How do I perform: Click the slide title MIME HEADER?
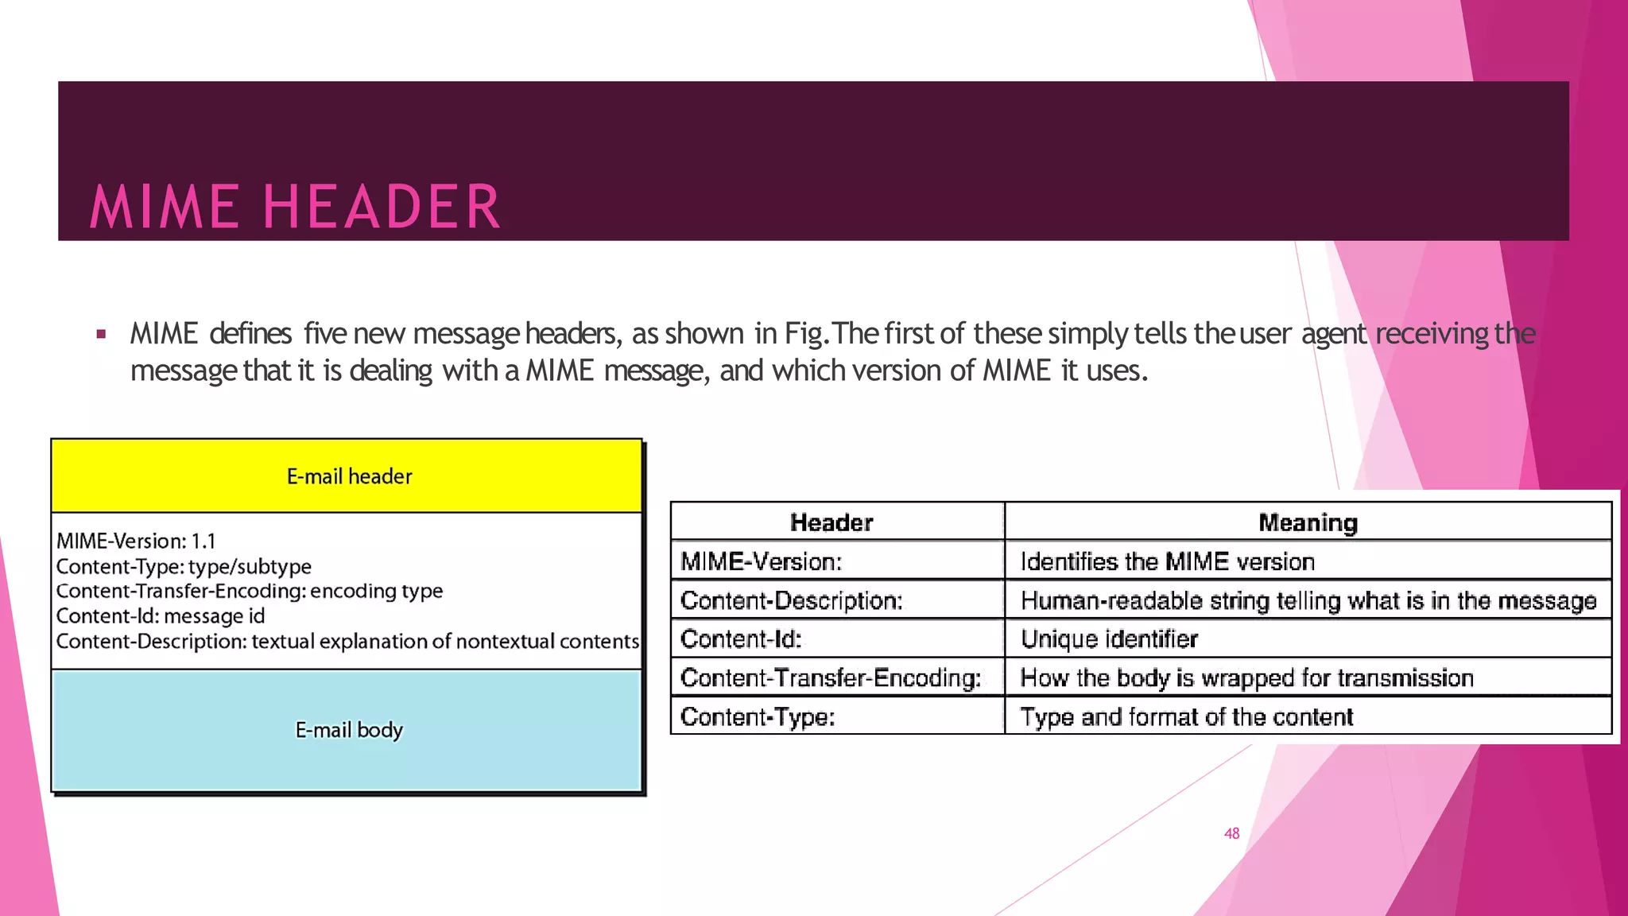[295, 207]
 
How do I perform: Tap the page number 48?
[1231, 833]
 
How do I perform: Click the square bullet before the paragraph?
[101, 335]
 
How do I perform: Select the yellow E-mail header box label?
[349, 476]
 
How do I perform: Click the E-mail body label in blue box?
[349, 730]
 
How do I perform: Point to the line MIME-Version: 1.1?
[136, 541]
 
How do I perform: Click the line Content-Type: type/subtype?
[184, 567]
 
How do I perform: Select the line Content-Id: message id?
[161, 616]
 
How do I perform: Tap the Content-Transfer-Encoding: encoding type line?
[250, 592]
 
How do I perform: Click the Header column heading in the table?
[831, 522]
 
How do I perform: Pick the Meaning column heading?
[1308, 522]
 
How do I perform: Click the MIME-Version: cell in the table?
[761, 561]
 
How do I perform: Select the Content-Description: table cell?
[792, 600]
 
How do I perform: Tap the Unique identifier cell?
[1109, 639]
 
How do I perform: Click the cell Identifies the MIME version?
[1167, 561]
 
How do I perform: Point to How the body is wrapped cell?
[1246, 678]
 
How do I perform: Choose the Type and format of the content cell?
[1186, 717]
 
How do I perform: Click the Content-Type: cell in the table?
[758, 717]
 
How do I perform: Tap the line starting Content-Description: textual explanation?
[347, 642]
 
